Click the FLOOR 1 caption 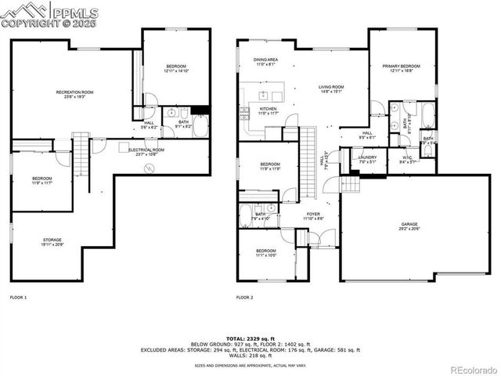click(18, 298)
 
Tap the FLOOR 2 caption click(245, 298)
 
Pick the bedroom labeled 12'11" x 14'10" click(177, 68)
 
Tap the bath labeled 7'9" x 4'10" click(261, 216)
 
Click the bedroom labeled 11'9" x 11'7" click(41, 180)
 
